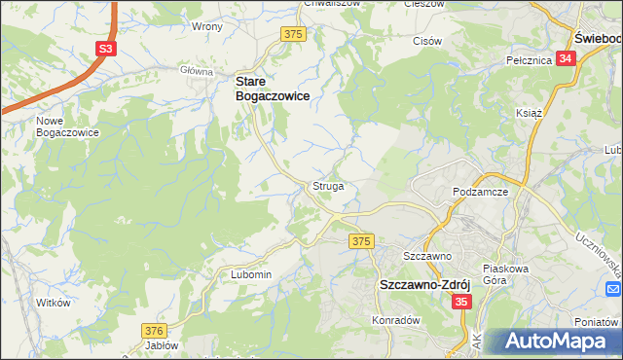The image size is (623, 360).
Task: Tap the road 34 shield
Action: [x=568, y=58]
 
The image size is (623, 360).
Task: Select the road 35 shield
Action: [x=461, y=303]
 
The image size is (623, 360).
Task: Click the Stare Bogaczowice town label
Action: [x=273, y=90]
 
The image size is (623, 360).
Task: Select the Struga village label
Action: [x=328, y=185]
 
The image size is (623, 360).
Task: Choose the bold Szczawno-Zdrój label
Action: [x=424, y=285]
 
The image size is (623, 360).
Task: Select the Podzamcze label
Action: [x=482, y=193]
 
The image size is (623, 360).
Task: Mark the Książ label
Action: [x=528, y=113]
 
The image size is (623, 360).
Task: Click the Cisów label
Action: [x=428, y=41]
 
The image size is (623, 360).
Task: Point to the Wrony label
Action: [x=207, y=26]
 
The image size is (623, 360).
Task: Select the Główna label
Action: [x=196, y=71]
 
